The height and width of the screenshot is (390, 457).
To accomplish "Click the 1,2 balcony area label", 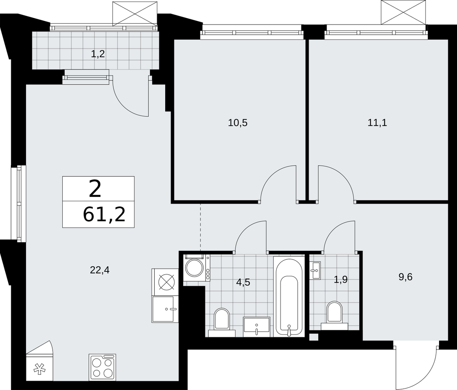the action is click(98, 54).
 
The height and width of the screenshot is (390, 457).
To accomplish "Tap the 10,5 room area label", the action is click(238, 123).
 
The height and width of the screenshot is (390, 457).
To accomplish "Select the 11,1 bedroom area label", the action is click(377, 123).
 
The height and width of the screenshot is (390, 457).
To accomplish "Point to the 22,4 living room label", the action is click(100, 270).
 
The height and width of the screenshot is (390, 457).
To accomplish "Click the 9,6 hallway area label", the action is click(406, 277).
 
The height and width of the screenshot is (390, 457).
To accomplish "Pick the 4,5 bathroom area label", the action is click(243, 282).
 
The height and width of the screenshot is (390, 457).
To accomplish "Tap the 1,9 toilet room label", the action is click(341, 280).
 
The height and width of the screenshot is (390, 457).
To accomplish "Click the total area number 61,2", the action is click(104, 215).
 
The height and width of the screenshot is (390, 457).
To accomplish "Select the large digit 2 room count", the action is click(95, 189).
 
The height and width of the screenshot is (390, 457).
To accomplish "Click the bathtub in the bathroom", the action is click(289, 296).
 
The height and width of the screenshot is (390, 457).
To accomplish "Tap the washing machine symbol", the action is click(197, 268).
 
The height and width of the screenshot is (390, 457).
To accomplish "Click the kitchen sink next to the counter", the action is click(165, 309).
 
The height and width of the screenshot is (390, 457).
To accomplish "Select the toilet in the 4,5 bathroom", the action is click(222, 321).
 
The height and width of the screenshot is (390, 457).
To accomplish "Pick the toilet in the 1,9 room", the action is click(334, 314).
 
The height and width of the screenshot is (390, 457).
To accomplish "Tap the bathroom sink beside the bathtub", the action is click(257, 327).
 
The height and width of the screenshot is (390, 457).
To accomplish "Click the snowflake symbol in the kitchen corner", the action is click(38, 369).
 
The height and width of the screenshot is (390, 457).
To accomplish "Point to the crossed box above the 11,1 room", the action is click(403, 12).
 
